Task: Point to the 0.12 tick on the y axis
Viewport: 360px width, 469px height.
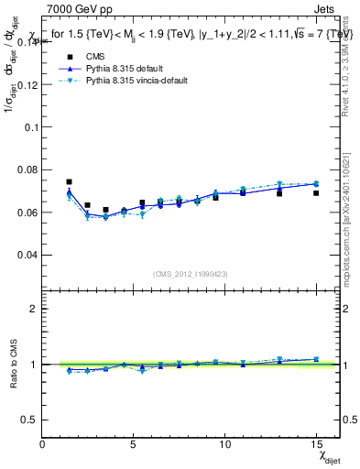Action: (x=27, y=84)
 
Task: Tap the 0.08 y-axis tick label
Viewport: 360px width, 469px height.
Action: (x=27, y=169)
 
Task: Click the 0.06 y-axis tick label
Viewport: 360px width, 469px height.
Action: (x=27, y=213)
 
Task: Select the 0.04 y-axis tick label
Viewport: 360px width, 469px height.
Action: (x=27, y=255)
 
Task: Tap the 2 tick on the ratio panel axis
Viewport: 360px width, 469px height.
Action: (x=35, y=309)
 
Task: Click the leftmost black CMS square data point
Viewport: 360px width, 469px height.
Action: (x=69, y=182)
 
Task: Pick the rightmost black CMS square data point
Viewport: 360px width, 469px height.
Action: (x=315, y=193)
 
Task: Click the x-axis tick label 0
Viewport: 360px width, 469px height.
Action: (x=43, y=443)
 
